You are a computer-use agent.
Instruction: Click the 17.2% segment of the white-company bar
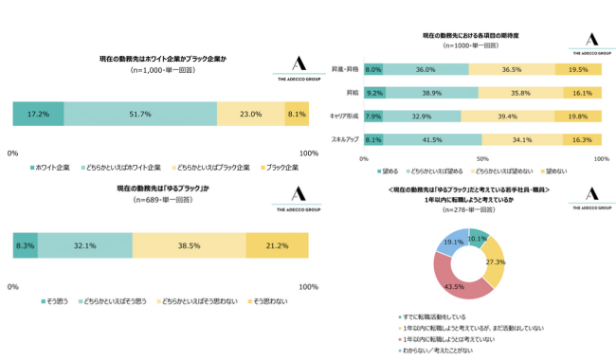tap(38, 114)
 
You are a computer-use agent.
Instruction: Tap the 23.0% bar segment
tap(250, 114)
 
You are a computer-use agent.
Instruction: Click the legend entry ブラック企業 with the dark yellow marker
tap(281, 167)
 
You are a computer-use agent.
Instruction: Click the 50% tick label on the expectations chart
tap(481, 159)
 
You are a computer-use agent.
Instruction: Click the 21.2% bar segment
tap(278, 246)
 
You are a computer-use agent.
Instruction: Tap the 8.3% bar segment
tap(26, 246)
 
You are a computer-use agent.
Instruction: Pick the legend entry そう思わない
tap(270, 301)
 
